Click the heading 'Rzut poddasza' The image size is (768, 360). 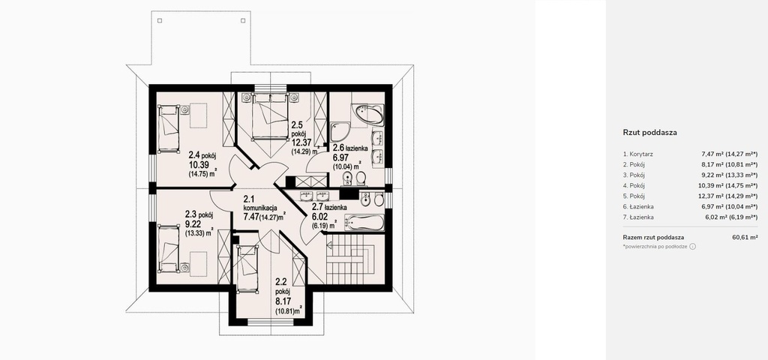pos(650,132)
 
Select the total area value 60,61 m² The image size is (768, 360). pos(745,238)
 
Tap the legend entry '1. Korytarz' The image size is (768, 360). pos(637,154)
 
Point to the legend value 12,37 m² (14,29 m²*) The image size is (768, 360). pos(730,196)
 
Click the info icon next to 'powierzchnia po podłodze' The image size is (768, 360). pos(692,247)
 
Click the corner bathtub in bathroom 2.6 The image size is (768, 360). pos(369,115)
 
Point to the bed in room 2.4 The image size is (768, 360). pos(169,128)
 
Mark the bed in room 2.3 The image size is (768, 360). pos(169,248)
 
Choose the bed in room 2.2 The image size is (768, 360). pos(247,268)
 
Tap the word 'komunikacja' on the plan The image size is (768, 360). pos(260,208)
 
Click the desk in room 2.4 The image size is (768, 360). pos(198,115)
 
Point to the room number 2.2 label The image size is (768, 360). pos(280,282)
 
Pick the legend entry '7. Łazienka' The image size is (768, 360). pos(638,217)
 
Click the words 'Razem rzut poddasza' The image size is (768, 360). pos(653,238)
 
